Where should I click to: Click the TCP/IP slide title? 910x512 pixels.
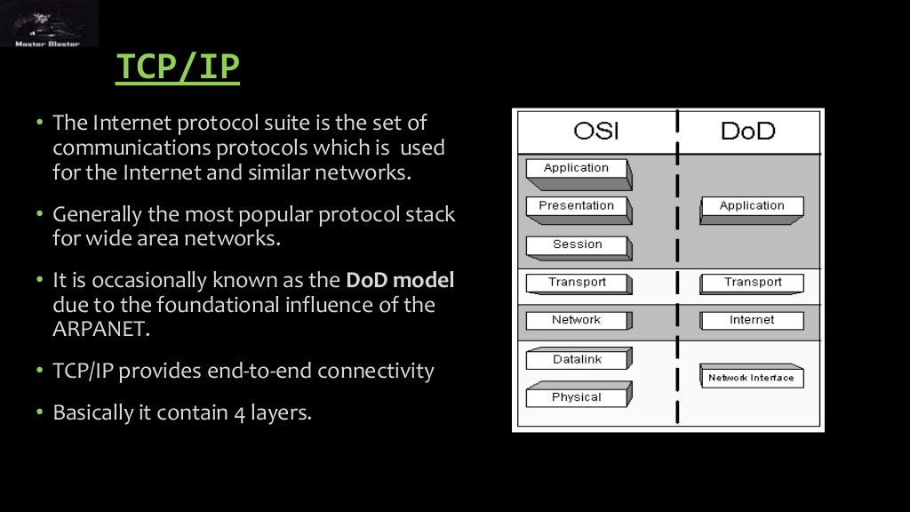[178, 68]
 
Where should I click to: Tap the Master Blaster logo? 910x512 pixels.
[49, 24]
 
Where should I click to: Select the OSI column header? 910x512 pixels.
[595, 132]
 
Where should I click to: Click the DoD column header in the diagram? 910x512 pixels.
[747, 132]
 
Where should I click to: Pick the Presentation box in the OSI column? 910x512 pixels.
[577, 207]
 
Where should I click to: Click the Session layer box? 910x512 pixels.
[577, 245]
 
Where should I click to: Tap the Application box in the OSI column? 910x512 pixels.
[577, 169]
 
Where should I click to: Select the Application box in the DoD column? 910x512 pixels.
[752, 207]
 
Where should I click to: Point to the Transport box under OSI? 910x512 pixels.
[577, 284]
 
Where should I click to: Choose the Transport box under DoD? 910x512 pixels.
[752, 284]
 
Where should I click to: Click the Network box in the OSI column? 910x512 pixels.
[577, 321]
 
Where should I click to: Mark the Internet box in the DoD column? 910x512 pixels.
[752, 321]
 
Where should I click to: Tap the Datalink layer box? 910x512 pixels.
[577, 360]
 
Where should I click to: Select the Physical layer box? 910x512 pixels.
[577, 397]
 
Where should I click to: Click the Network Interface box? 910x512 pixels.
[751, 378]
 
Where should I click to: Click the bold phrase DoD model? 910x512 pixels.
[400, 281]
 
